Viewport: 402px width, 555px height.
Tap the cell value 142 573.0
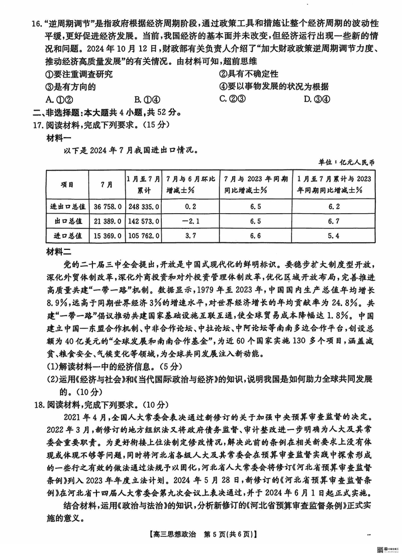coord(144,221)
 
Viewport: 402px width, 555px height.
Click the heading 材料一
coord(59,136)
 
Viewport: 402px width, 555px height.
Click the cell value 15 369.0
coord(106,235)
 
